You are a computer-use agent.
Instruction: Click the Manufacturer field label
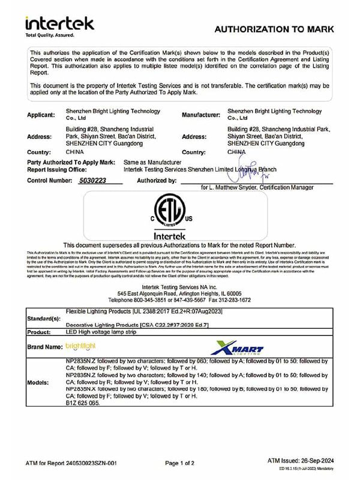click(x=204, y=114)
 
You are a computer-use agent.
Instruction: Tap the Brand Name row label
click(x=45, y=347)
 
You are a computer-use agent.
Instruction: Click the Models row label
click(x=39, y=382)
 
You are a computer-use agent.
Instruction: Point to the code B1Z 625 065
click(x=86, y=404)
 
